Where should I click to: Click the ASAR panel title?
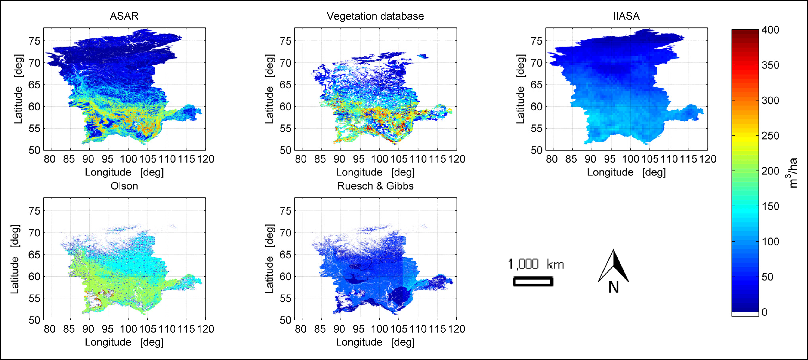click(x=124, y=16)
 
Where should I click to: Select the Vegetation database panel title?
click(x=375, y=16)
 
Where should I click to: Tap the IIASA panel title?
click(x=626, y=16)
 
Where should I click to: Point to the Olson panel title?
click(x=124, y=186)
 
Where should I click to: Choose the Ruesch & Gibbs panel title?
click(x=375, y=186)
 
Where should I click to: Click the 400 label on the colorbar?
click(x=770, y=30)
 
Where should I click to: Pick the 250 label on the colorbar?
click(x=770, y=136)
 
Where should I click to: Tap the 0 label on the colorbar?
click(x=765, y=312)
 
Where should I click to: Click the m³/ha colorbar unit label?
click(x=792, y=172)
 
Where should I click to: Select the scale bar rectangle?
click(x=533, y=281)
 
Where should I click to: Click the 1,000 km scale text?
click(x=536, y=264)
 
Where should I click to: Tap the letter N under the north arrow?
click(x=614, y=287)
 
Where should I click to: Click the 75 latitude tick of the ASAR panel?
click(x=35, y=41)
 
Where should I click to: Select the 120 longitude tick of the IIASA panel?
click(x=708, y=159)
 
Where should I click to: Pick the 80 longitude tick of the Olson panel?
click(x=50, y=329)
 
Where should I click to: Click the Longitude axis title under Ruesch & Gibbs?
click(x=375, y=342)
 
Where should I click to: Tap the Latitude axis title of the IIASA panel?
click(x=520, y=89)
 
